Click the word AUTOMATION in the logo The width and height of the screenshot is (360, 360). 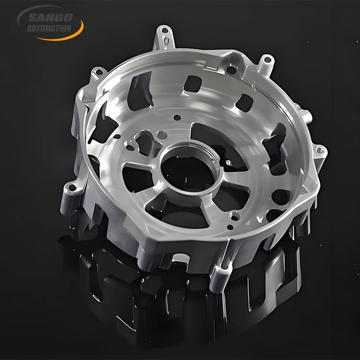tap(50, 28)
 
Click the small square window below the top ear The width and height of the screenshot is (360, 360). tap(192, 84)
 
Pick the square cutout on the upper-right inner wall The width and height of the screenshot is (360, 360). tap(245, 102)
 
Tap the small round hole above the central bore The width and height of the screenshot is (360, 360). tap(177, 117)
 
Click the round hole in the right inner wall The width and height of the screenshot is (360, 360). tap(280, 197)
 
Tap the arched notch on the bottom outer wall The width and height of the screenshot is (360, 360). tap(181, 258)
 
